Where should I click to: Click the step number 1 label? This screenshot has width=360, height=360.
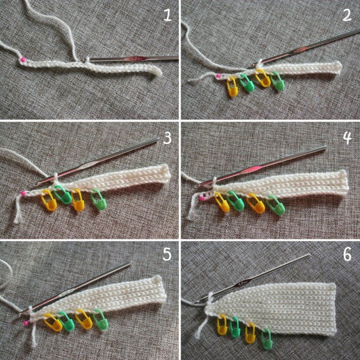click(x=167, y=15)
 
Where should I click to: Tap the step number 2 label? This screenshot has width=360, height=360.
click(x=346, y=15)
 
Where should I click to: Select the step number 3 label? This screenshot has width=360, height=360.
click(x=167, y=138)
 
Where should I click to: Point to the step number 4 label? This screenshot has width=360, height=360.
click(x=347, y=138)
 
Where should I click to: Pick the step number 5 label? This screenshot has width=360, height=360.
click(x=167, y=255)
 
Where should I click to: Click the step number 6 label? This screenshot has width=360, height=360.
click(x=347, y=255)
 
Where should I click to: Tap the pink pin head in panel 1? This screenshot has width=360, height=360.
click(x=23, y=59)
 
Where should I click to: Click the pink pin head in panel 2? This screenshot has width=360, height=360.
click(x=218, y=76)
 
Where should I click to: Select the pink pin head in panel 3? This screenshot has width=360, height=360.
click(x=23, y=193)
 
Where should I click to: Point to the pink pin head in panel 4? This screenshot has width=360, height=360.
click(x=202, y=198)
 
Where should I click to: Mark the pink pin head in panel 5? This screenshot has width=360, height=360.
click(x=26, y=323)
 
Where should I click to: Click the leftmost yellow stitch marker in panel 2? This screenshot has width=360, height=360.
click(x=232, y=87)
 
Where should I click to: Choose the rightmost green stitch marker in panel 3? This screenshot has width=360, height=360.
click(x=99, y=201)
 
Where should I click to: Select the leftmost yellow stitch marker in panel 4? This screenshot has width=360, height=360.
click(x=222, y=202)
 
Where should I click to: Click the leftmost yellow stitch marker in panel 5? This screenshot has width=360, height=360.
click(x=53, y=322)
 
